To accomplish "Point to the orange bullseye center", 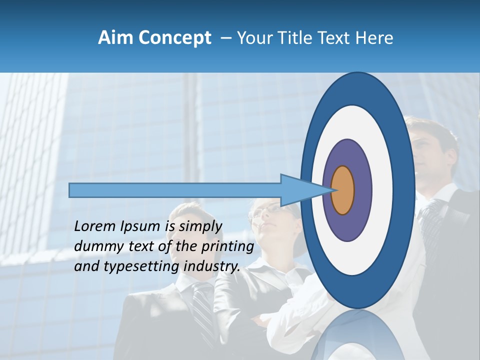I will tap(343, 190).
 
